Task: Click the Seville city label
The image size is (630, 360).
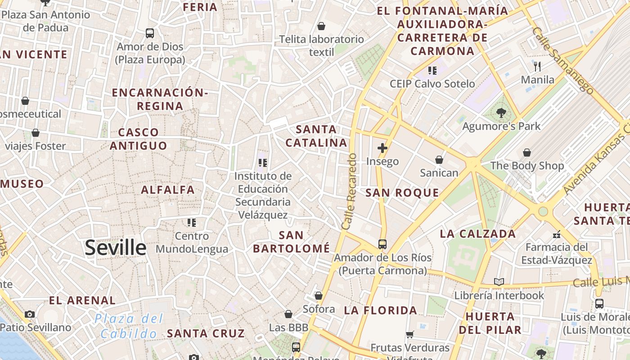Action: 116,247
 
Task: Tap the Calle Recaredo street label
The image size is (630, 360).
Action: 349,192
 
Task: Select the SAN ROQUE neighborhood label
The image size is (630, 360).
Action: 402,193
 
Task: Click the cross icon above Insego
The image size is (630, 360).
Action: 382,148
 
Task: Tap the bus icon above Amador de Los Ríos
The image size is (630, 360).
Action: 382,244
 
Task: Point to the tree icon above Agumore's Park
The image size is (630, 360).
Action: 501,113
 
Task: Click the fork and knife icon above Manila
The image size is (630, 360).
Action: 537,67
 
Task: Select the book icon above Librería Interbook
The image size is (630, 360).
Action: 499,282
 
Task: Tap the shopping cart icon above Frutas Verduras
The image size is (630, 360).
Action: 409,334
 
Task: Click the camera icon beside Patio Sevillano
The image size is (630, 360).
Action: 30,314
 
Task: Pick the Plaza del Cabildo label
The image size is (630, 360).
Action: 129,326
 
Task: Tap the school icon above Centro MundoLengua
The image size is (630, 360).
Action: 192,222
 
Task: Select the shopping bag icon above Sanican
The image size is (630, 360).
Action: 439,160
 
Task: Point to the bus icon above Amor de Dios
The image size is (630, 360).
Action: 150,33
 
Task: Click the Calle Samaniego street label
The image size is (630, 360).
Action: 562,60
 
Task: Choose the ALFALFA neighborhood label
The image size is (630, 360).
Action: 168,190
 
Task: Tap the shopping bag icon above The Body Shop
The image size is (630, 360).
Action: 526,153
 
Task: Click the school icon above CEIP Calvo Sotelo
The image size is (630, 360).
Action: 432,70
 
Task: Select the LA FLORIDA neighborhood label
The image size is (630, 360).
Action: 381,310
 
